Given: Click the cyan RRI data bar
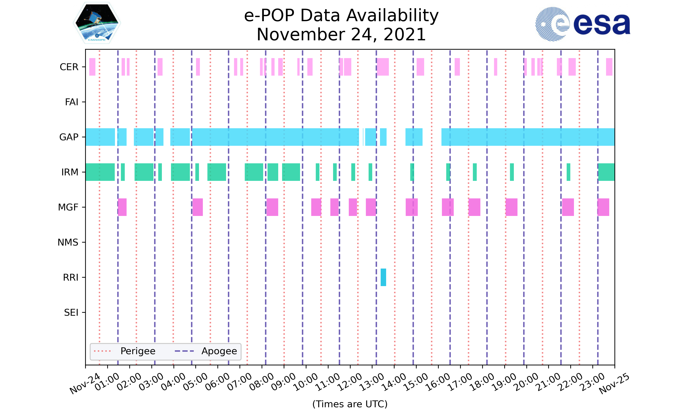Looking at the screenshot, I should [x=383, y=277].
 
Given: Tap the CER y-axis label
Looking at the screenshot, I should [x=69, y=67].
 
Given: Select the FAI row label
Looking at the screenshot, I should [x=71, y=102].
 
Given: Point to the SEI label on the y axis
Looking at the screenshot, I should [x=71, y=313].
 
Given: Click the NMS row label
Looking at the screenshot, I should [x=68, y=242].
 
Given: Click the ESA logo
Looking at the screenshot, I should [x=583, y=24].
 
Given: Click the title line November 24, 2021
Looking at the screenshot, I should [x=341, y=35].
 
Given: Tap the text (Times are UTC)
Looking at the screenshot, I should [x=350, y=404].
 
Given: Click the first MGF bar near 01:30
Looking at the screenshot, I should [x=122, y=207].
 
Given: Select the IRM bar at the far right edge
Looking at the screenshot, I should [x=606, y=172].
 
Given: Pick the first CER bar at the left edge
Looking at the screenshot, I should [x=92, y=67].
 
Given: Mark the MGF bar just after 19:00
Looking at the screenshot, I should [x=512, y=207].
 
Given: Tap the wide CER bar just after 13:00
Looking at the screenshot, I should [x=383, y=67].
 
